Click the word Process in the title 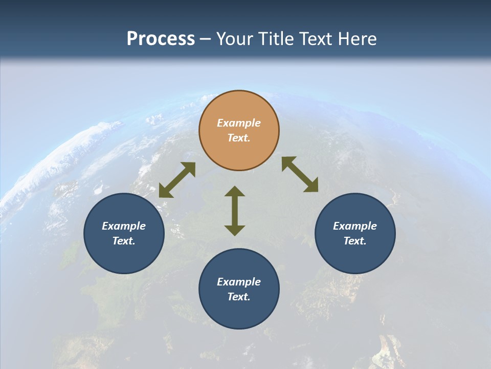(161, 39)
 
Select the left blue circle (124, 256)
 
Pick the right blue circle (355, 256)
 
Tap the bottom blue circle (239, 313)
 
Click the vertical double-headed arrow (235, 211)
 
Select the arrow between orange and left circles (177, 180)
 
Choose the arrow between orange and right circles (300, 174)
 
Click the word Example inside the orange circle (239, 123)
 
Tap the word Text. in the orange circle (239, 138)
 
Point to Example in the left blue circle (124, 226)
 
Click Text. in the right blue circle (355, 241)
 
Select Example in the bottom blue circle (239, 282)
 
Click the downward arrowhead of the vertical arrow (235, 230)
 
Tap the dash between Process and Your (206, 39)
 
